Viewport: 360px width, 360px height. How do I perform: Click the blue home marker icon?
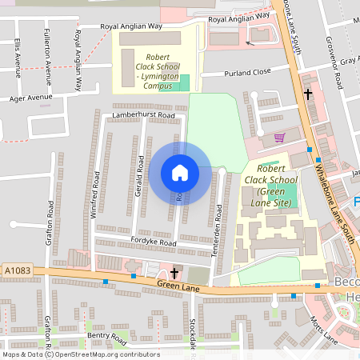(179, 173)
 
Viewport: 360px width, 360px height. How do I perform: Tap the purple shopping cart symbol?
(279, 138)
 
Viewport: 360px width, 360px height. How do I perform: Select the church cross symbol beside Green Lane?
(174, 273)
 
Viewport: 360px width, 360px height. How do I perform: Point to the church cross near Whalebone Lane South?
(307, 94)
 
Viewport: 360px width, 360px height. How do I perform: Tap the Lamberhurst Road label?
(143, 115)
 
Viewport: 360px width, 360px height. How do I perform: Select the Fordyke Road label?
(154, 242)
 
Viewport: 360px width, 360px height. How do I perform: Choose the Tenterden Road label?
(218, 225)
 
